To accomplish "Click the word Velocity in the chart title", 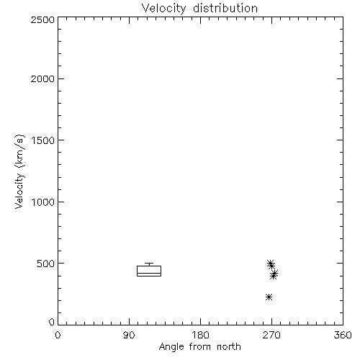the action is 163,9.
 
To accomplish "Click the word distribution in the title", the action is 225,8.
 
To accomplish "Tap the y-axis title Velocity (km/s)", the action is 19,171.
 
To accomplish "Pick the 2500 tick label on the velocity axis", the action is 42,19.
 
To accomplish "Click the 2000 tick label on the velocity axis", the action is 42,78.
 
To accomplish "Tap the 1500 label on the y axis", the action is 43,140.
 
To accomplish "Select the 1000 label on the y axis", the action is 43,202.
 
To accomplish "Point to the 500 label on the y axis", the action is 46,264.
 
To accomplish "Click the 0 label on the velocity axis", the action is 52,322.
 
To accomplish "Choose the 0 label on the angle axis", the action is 58,335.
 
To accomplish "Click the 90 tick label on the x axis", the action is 129,335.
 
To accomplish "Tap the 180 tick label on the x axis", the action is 200,335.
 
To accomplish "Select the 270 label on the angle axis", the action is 271,335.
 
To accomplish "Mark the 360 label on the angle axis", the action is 343,335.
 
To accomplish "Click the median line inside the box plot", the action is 149,273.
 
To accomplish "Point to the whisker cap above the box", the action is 149,264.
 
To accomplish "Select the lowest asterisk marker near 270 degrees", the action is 269,297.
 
